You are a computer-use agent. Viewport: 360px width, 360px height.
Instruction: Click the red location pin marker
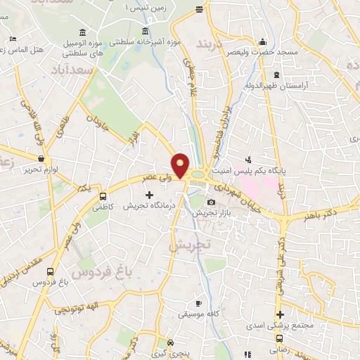181,167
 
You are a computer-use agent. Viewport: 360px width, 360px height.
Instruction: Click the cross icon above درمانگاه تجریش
149,195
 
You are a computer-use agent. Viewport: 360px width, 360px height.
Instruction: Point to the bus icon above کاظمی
103,198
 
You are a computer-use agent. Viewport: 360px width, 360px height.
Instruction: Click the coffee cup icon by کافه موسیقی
199,304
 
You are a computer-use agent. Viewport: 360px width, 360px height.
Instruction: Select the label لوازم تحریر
41,169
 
